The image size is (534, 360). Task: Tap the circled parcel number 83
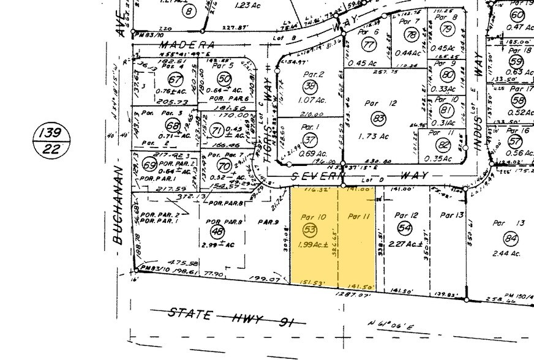coord(379,118)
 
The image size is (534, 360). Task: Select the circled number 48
coord(217,231)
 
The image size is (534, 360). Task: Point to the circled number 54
coord(404,227)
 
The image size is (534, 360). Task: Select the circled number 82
coord(443,145)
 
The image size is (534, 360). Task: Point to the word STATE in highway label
coord(189,315)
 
